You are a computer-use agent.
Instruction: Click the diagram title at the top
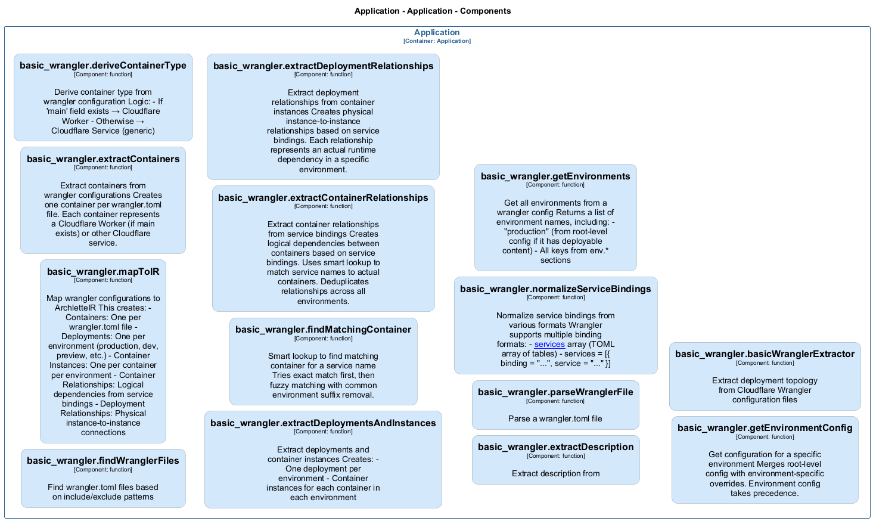point(432,11)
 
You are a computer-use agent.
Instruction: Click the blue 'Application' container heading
point(437,33)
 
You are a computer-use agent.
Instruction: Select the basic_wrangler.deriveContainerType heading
point(103,66)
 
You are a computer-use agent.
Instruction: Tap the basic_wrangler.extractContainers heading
point(103,159)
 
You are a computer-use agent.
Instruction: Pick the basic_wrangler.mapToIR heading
point(103,272)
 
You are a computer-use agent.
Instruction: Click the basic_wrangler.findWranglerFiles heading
point(103,461)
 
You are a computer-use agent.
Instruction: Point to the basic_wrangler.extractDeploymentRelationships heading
point(323,66)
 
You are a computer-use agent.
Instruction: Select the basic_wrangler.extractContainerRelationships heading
point(323,198)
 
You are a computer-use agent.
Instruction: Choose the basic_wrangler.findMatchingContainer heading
point(323,330)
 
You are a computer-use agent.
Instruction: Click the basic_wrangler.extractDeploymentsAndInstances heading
point(323,423)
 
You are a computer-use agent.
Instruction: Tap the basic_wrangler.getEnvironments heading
point(555,176)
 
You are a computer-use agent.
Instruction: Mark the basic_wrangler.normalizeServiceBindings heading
point(555,289)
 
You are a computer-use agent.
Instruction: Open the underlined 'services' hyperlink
point(549,345)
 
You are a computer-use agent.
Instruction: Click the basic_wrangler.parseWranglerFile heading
point(555,392)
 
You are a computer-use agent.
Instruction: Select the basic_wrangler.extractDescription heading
point(555,447)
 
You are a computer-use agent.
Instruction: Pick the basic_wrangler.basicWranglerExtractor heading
point(765,354)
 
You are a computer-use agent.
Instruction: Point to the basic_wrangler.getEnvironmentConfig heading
point(765,428)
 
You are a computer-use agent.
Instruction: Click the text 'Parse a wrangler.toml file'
point(555,419)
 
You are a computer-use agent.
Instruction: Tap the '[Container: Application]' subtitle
point(437,41)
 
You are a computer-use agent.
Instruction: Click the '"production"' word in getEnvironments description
point(526,232)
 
